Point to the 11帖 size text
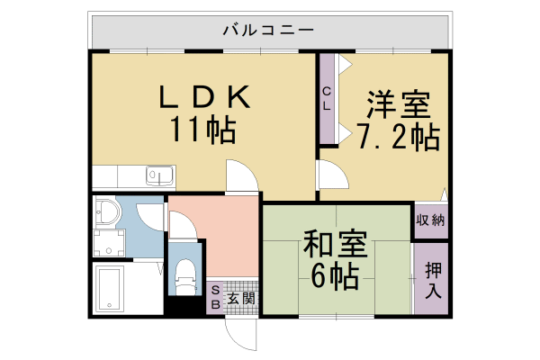coord(203,131)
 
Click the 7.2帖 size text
coord(396,138)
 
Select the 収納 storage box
coord(430,220)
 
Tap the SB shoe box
coord(215,297)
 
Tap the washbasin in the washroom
coord(107,212)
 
